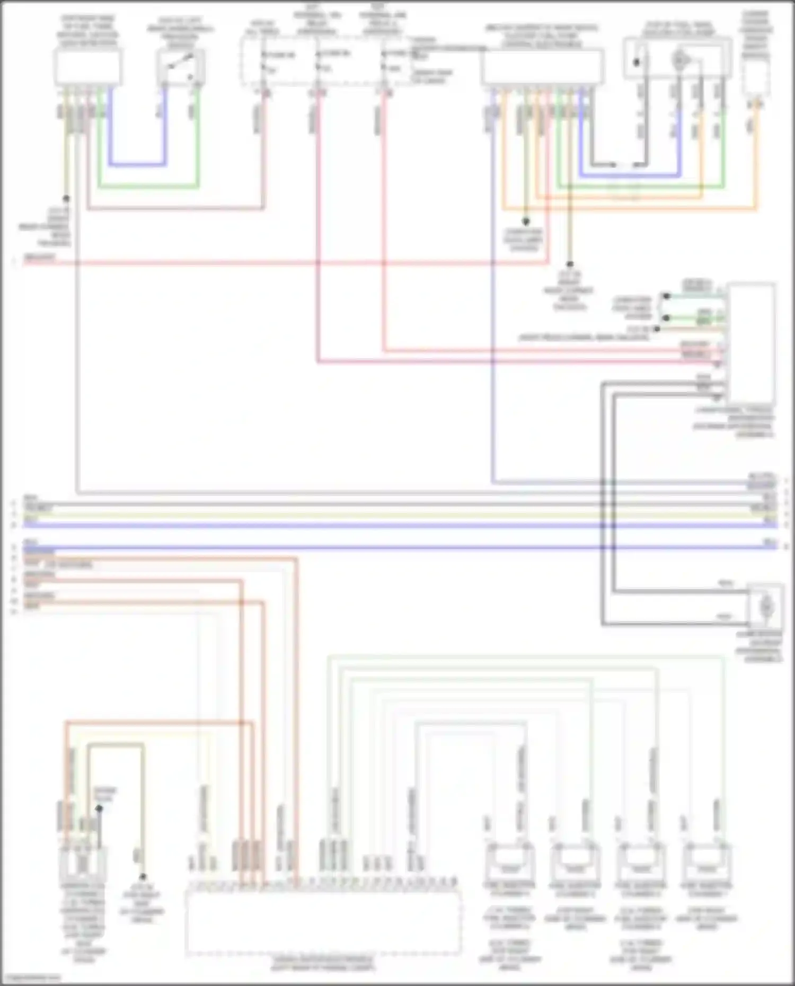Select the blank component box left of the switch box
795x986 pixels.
pos(88,67)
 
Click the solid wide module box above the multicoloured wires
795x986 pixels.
pos(542,67)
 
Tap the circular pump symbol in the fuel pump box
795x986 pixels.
pos(679,60)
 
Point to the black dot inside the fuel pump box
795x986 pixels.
pos(637,62)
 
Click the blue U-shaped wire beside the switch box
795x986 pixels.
pos(137,164)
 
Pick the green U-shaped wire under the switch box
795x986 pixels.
pos(148,186)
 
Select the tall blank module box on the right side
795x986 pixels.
pos(750,344)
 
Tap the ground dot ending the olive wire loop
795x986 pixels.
pos(143,877)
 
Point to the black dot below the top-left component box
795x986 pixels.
pos(66,199)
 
